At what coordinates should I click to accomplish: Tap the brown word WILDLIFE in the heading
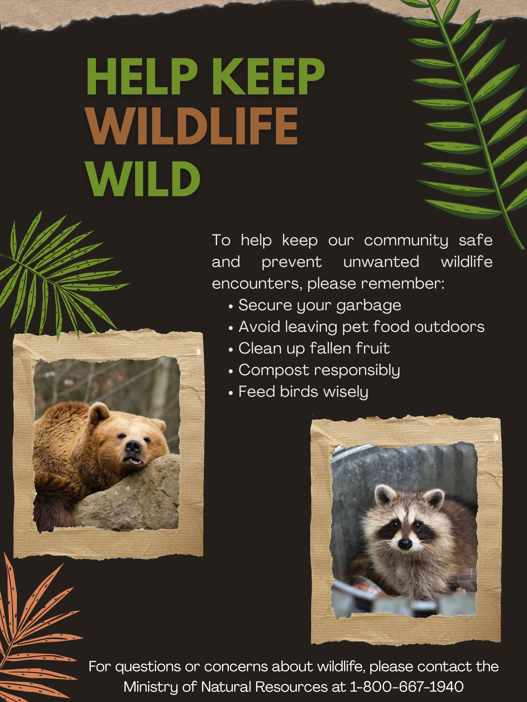click(x=192, y=126)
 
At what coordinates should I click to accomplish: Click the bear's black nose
click(x=133, y=447)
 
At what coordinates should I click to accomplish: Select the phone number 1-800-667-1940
click(x=407, y=687)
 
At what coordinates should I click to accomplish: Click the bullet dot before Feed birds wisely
click(x=231, y=393)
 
